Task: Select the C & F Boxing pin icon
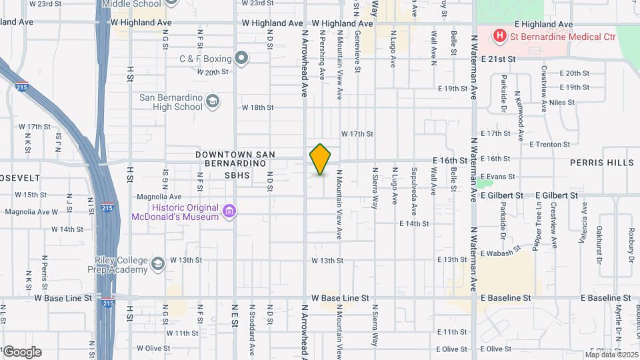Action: (241, 59)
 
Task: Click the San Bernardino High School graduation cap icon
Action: (213, 101)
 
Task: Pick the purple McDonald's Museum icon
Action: (230, 211)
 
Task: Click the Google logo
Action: (22, 351)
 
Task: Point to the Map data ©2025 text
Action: (610, 354)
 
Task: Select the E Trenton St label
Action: (549, 144)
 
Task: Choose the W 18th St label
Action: (257, 107)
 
